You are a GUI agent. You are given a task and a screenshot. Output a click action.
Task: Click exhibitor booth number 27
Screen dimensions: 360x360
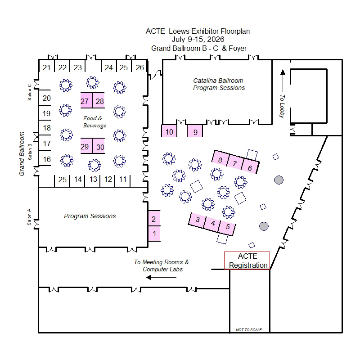pos(85,101)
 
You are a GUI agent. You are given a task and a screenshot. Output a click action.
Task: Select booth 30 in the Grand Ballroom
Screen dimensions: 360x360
pos(100,147)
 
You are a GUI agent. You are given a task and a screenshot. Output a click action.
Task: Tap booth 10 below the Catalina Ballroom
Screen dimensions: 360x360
pos(169,132)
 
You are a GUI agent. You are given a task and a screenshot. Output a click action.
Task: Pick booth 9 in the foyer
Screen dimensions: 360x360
pos(195,132)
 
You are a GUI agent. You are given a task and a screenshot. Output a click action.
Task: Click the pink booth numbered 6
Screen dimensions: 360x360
pos(250,167)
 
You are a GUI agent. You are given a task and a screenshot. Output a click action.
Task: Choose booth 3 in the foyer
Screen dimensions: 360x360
pos(198,220)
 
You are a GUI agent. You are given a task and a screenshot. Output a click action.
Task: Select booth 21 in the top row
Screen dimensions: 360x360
pos(47,67)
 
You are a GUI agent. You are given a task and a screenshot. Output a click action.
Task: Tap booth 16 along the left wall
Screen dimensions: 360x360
pos(47,159)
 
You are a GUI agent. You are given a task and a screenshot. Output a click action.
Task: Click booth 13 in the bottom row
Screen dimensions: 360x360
pos(93,180)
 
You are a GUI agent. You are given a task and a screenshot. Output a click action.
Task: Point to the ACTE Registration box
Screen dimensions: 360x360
pos(247,261)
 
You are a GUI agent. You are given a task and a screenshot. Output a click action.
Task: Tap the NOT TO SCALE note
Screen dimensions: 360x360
pos(249,330)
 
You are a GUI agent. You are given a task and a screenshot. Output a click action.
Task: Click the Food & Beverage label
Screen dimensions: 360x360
pos(94,121)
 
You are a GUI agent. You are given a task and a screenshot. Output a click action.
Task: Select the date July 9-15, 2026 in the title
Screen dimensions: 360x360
pos(198,40)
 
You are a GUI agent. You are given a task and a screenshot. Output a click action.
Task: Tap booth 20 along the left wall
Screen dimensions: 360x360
pos(47,99)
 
